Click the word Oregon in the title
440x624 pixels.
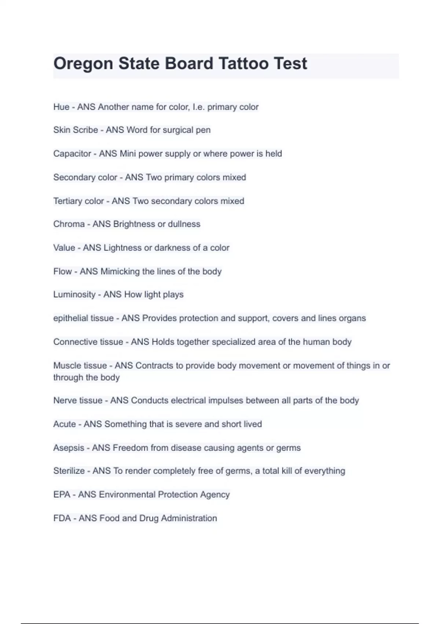83,64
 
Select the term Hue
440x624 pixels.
61,107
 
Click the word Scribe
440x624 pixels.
85,130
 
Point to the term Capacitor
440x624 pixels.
72,153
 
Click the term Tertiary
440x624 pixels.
68,201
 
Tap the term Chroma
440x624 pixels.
69,224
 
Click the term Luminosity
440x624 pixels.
74,294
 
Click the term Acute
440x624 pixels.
65,424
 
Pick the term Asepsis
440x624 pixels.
69,448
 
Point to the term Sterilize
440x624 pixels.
69,471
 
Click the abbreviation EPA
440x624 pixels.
62,494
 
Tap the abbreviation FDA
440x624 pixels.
62,518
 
